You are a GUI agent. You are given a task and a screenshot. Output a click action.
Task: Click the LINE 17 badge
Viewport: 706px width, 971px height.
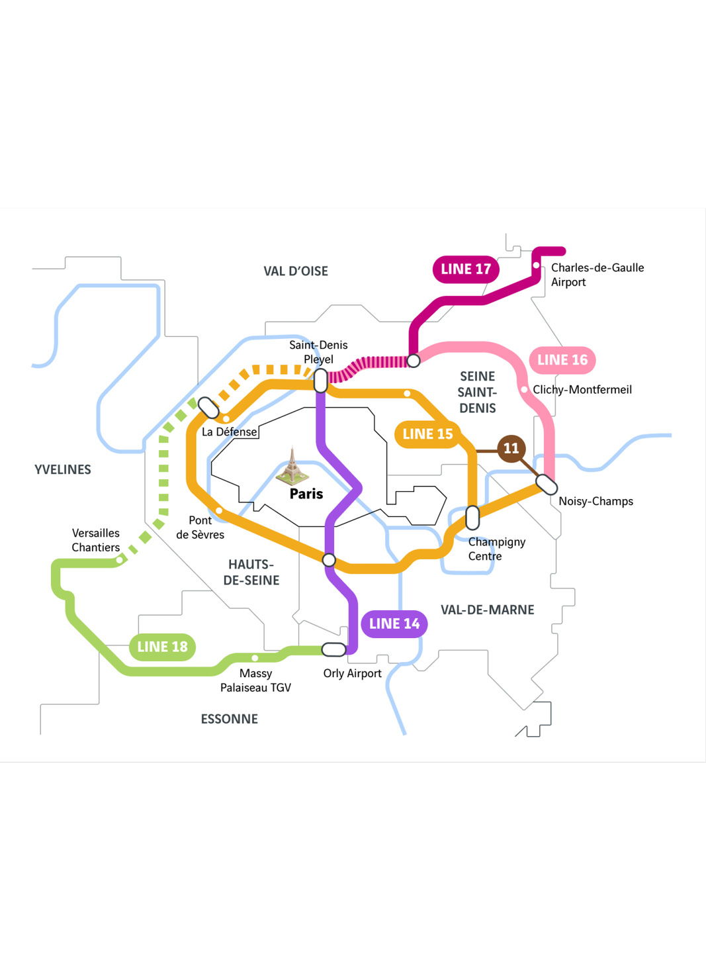coord(466,269)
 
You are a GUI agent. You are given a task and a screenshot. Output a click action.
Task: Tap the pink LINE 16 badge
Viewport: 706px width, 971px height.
coord(562,360)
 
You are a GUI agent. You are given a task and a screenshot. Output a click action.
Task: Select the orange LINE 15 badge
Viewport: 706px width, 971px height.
coord(427,434)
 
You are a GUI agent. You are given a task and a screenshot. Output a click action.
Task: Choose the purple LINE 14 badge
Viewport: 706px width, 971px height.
coord(394,624)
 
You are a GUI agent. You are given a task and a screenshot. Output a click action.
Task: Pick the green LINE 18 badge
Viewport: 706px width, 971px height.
coord(162,647)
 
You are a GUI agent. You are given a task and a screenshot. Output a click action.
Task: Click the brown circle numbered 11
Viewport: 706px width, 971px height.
coord(511,449)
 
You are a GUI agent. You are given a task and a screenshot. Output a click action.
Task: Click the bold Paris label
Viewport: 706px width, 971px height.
coord(306,494)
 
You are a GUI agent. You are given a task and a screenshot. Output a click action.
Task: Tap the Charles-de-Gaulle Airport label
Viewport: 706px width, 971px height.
coord(597,275)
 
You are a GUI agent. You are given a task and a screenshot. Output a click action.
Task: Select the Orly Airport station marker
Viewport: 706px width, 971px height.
coord(333,649)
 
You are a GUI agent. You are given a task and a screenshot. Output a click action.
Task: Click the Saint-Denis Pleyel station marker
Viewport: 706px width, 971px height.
coord(320,381)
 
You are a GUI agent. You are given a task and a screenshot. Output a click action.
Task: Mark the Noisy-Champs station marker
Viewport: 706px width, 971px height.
coord(547,485)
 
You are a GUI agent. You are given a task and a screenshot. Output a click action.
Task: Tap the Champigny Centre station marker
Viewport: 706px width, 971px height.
coord(472,518)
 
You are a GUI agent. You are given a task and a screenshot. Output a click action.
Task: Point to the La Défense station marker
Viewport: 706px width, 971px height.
coord(208,408)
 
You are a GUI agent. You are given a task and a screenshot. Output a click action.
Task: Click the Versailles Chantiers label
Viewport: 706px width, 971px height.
coord(96,540)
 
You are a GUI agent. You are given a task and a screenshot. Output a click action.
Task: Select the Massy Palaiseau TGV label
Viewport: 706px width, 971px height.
coord(255,680)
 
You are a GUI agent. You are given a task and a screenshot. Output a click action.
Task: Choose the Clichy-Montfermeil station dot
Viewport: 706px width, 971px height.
coord(525,390)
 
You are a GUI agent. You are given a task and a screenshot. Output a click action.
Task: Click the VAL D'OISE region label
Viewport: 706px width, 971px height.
coord(296,271)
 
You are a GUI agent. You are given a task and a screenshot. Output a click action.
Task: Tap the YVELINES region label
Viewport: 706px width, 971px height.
coord(63,470)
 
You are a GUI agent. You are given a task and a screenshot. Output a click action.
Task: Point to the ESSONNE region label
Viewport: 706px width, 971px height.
coord(229,719)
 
